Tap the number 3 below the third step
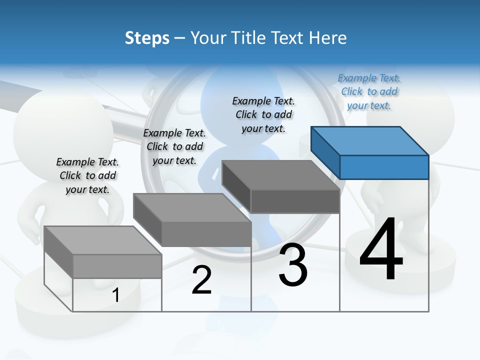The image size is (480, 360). [x=293, y=265]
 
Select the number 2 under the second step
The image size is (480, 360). [x=201, y=280]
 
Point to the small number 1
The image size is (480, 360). [x=115, y=295]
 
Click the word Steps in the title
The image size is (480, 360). [x=147, y=38]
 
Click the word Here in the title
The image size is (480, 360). [x=327, y=38]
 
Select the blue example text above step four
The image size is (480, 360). [x=369, y=91]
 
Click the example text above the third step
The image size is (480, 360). [x=263, y=114]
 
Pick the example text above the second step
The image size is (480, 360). [x=174, y=146]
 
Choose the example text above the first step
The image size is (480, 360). [x=87, y=175]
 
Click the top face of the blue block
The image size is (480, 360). [x=369, y=140]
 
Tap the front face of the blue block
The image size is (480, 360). [x=384, y=167]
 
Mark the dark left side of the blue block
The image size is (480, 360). [x=325, y=152]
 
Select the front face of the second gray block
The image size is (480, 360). [x=206, y=234]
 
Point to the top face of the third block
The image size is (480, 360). [x=280, y=175]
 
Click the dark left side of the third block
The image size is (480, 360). [x=236, y=186]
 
